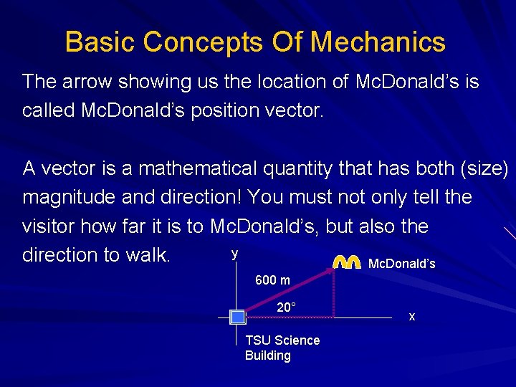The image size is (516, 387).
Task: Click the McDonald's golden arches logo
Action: tap(347, 262)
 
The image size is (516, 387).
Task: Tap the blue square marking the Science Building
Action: tap(237, 317)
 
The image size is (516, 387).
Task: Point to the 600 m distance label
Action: tap(272, 280)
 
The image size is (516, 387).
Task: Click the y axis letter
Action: tap(234, 254)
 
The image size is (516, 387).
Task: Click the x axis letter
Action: tap(411, 316)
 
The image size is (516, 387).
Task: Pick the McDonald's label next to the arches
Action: tap(401, 264)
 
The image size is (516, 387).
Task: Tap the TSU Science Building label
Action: tap(282, 348)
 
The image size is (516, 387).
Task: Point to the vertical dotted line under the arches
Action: tap(334, 294)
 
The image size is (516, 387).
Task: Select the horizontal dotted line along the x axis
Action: tap(290, 317)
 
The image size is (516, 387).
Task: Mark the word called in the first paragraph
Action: tap(48, 111)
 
